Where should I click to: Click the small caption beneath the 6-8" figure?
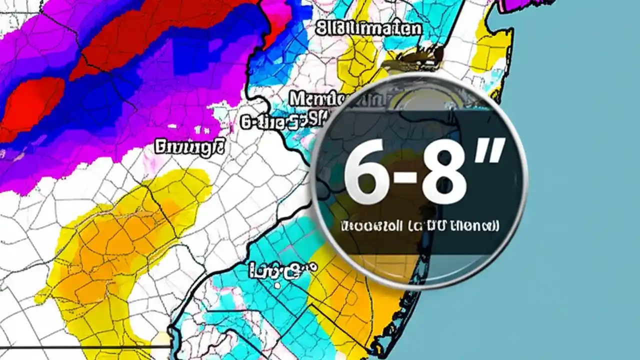[419, 226]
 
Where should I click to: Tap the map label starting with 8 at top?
[369, 28]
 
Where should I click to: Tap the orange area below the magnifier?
[350, 300]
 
